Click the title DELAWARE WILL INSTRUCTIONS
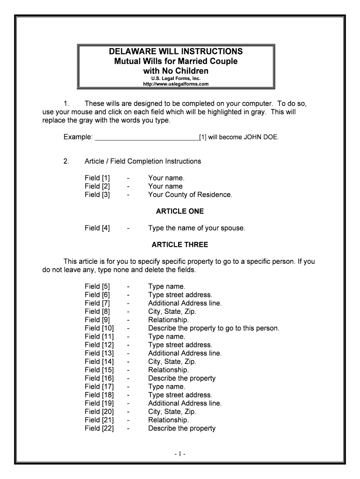point(176,51)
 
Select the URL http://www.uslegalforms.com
point(175,84)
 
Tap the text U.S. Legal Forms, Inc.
point(176,79)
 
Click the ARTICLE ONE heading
point(180,211)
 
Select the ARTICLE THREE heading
point(180,245)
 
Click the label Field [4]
point(97,228)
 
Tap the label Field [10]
point(99,328)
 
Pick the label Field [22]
point(99,428)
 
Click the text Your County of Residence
point(190,195)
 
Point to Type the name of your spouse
point(196,228)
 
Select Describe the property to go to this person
point(213,328)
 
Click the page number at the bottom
point(180,454)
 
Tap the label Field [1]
point(97,178)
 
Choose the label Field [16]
point(99,378)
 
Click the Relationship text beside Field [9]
point(168,320)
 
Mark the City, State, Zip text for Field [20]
point(172,412)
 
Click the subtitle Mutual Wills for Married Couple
point(176,61)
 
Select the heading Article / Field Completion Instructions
point(143,161)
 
